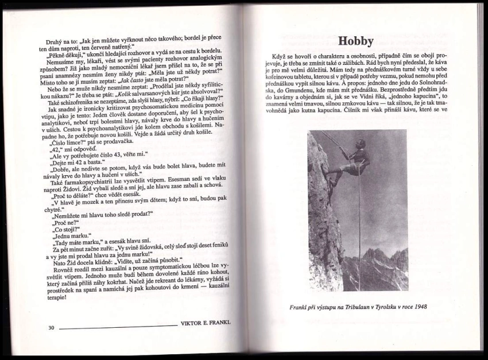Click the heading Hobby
pos(355,41)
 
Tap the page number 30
pos(51,328)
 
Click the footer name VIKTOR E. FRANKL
pos(205,323)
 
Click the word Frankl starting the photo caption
pos(300,306)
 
